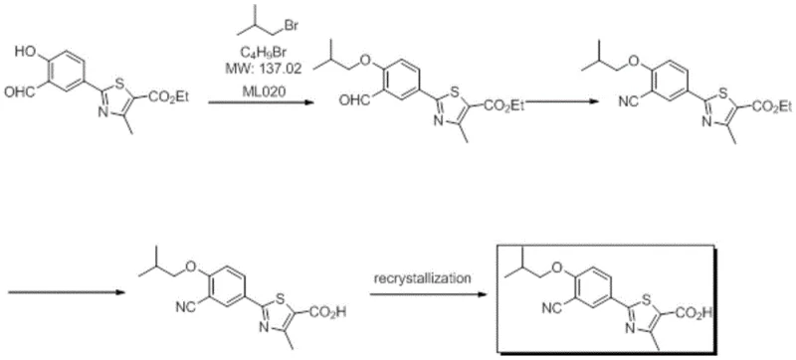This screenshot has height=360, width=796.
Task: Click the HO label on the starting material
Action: coord(31,47)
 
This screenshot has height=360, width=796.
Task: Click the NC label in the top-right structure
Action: coord(600,101)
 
